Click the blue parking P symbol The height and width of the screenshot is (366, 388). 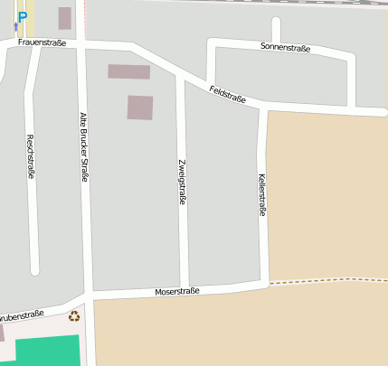pos(23,16)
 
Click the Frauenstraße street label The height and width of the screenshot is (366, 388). pos(42,43)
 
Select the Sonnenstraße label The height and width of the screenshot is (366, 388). pos(285,47)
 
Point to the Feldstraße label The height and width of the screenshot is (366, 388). pos(228,93)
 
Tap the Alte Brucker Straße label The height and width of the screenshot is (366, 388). pos(84,146)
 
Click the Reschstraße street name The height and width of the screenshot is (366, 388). pos(31,156)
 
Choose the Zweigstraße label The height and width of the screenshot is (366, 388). pos(182,182)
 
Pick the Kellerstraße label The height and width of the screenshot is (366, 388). pos(262,194)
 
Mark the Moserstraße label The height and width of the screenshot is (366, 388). pos(177,292)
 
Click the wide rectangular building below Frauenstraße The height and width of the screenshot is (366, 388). pos(128,71)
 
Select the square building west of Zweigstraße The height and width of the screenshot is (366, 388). pos(140,108)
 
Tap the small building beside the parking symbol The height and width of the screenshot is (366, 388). pos(64,18)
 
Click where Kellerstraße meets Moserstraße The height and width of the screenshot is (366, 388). pos(264,283)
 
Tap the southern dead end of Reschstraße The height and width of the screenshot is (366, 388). pos(35,269)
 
